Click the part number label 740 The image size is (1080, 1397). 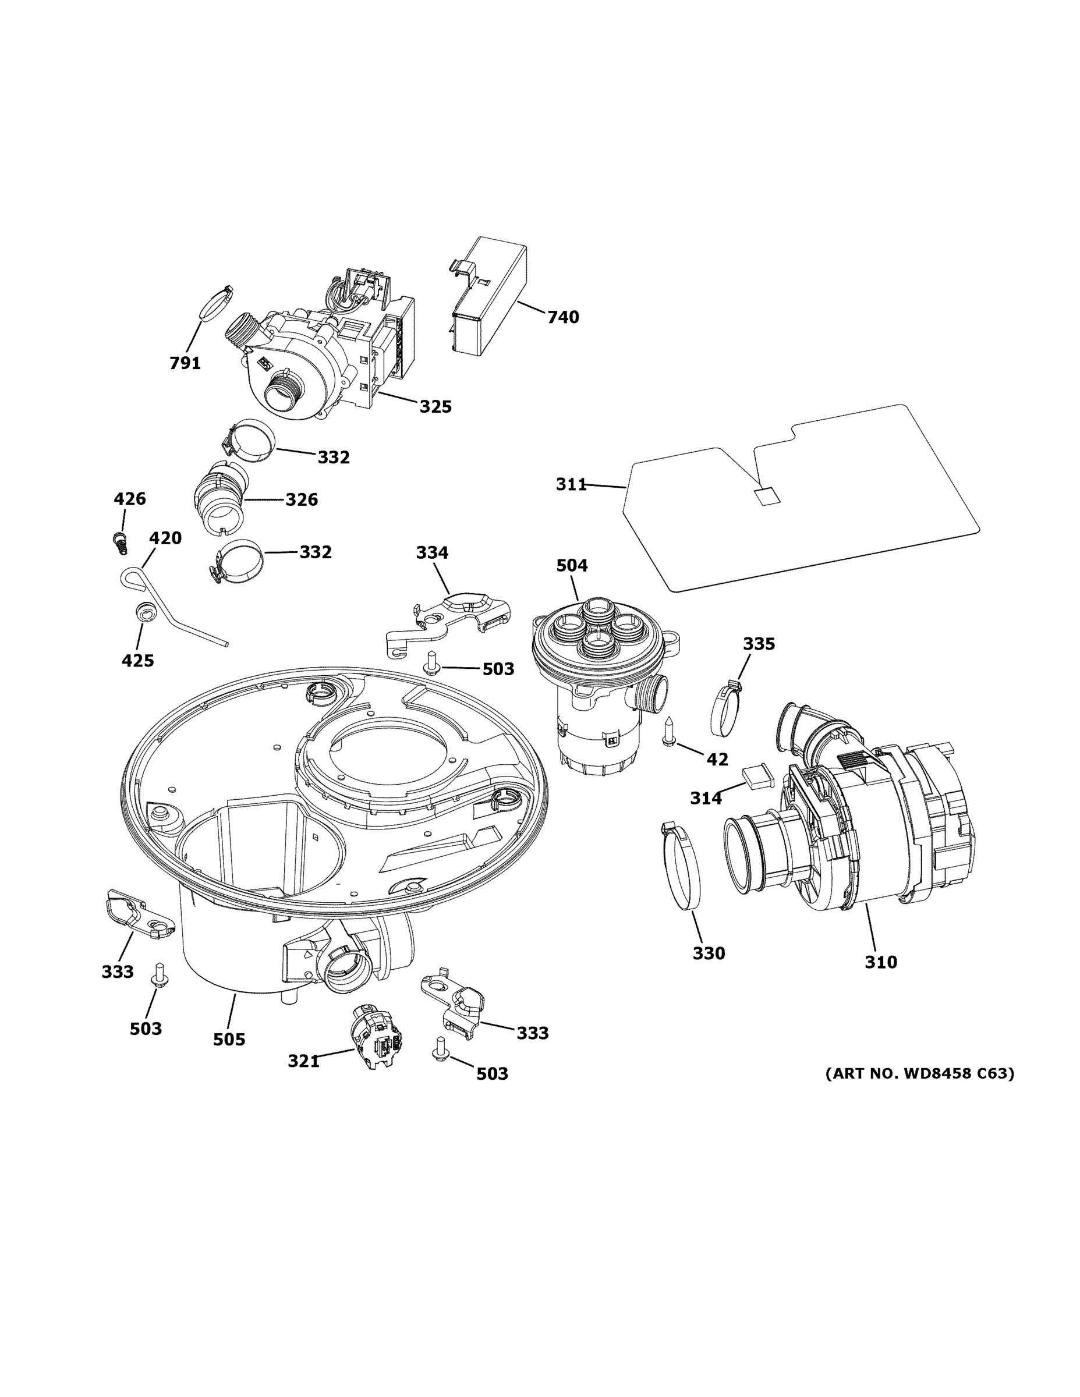(562, 317)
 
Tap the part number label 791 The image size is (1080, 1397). (185, 363)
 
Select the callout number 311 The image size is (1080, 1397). (571, 485)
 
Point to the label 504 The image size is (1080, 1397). (571, 565)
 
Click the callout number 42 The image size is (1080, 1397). (717, 759)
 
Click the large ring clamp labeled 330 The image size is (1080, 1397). (681, 867)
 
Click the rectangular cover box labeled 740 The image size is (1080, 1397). (490, 297)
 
